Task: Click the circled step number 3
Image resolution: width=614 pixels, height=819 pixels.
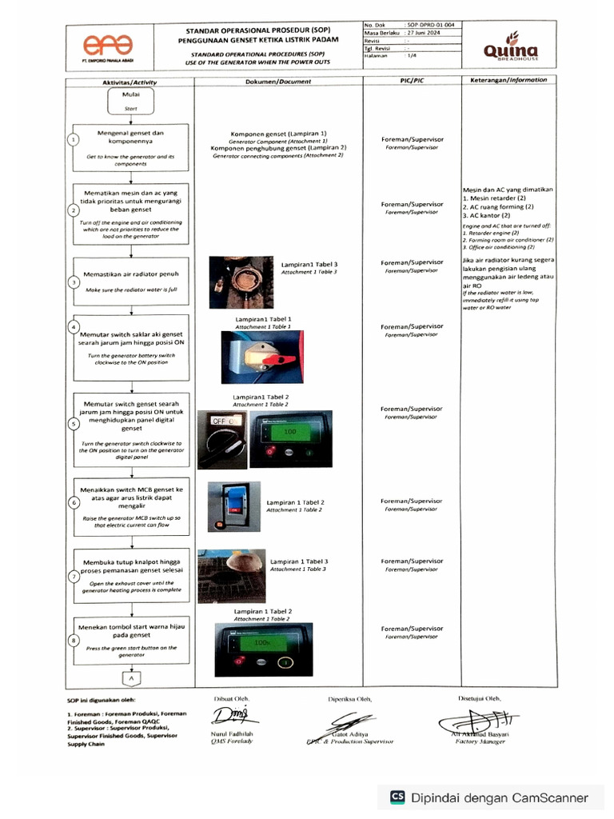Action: click(x=74, y=282)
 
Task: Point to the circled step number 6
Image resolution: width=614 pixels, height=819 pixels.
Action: click(x=74, y=503)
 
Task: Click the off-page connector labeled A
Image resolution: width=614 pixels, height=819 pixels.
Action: click(x=131, y=678)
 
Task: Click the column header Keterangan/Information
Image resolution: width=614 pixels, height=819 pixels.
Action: click(x=508, y=80)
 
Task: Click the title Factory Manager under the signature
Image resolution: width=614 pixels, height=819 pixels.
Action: click(x=480, y=741)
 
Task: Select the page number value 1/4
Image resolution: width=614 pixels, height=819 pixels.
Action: click(x=412, y=56)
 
